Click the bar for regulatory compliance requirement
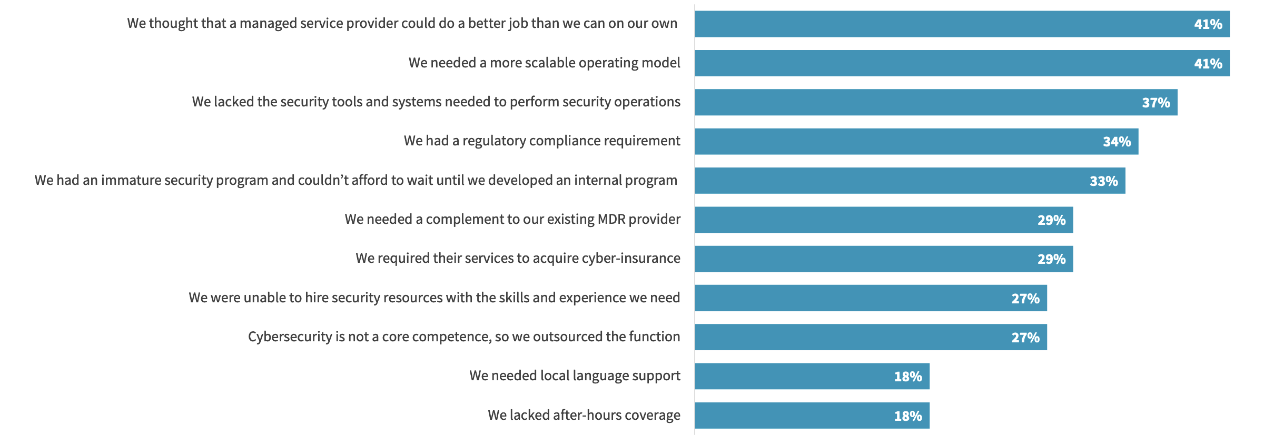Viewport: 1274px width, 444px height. coord(916,141)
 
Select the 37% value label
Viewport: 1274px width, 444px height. coord(1156,103)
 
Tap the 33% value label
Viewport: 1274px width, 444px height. coord(1103,181)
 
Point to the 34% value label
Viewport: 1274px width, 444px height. coord(1117,142)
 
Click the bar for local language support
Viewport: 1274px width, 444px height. coord(812,376)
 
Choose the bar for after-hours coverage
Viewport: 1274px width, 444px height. coord(812,416)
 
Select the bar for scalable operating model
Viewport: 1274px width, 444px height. coord(962,63)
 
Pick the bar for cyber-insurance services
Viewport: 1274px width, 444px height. coord(884,259)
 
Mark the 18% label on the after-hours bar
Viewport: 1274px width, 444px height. coord(907,416)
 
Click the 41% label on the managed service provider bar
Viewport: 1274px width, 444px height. coord(1208,24)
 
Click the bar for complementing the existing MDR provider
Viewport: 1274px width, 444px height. coord(884,220)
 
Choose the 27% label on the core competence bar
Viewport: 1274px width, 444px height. coord(1025,338)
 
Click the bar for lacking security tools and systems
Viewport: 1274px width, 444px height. coord(936,102)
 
